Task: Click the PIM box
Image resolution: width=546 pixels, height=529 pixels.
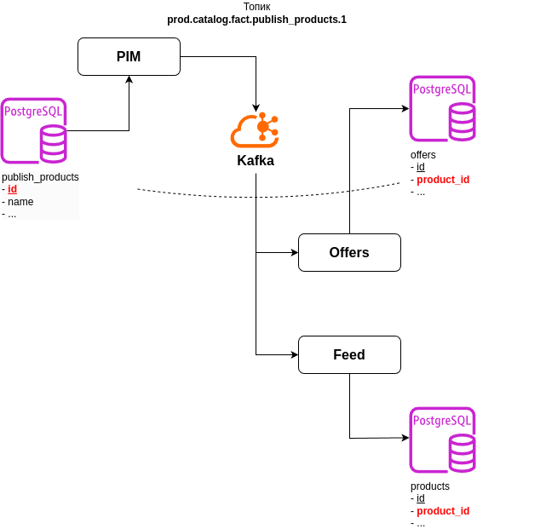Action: click(x=129, y=57)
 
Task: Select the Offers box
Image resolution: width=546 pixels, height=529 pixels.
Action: click(x=349, y=253)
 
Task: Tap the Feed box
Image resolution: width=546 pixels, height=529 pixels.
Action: click(x=349, y=354)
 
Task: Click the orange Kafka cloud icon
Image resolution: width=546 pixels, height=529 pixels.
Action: click(x=254, y=129)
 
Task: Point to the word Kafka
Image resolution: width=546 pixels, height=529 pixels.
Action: click(x=256, y=160)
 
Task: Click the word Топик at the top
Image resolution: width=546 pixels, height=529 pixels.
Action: click(x=256, y=7)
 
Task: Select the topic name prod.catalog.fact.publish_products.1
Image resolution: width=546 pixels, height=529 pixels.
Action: click(x=256, y=20)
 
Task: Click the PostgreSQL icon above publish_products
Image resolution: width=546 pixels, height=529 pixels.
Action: click(x=34, y=130)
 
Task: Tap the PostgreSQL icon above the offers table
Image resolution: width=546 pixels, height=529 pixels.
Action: click(x=443, y=108)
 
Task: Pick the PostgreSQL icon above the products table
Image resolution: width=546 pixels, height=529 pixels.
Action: click(x=443, y=440)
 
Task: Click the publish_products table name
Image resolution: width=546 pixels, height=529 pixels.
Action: click(x=40, y=177)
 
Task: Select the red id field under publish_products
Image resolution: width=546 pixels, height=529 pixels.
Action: click(x=12, y=189)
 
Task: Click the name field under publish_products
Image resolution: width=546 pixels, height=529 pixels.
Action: click(x=20, y=202)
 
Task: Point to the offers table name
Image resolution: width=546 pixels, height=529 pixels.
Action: click(x=422, y=155)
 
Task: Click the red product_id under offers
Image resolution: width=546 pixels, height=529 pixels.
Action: click(x=443, y=180)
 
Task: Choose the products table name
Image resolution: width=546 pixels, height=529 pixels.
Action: click(x=429, y=486)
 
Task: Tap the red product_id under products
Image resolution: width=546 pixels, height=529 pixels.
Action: click(x=443, y=511)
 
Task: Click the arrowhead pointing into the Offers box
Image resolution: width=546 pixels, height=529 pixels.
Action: click(x=294, y=253)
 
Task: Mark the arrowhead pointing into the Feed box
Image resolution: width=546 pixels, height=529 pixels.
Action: click(x=294, y=354)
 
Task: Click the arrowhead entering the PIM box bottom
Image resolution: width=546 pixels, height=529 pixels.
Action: click(x=129, y=80)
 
